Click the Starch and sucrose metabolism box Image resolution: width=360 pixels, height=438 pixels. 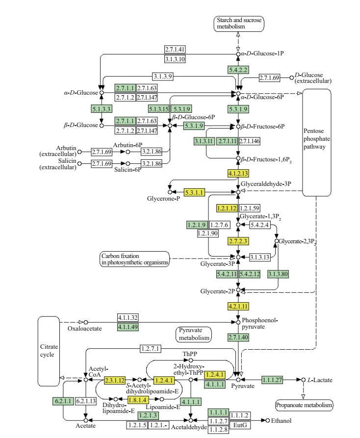point(238,24)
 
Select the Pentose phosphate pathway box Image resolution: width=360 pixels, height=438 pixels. point(316,143)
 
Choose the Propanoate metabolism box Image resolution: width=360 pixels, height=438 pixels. point(304,405)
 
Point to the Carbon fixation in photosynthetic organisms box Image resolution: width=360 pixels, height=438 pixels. point(133,259)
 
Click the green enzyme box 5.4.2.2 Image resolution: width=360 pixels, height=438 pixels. point(238,71)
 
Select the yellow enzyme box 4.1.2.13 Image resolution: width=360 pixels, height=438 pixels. point(238,173)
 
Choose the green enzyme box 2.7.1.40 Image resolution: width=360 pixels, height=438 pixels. point(238,337)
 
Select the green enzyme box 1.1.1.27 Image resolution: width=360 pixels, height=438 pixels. point(273,379)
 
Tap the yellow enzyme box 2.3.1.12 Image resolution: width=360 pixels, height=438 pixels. point(115,379)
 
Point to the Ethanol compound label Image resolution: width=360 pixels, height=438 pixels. point(281,421)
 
